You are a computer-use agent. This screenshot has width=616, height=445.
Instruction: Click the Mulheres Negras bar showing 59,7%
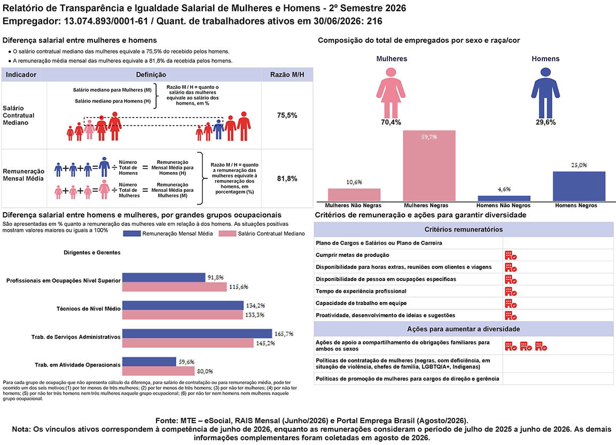429,166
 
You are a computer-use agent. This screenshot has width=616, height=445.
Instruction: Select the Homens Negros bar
579,186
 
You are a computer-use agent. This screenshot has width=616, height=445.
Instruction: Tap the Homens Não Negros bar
504,198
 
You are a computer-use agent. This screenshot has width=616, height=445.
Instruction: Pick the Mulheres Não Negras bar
354,195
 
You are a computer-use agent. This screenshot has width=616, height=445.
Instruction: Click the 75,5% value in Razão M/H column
287,115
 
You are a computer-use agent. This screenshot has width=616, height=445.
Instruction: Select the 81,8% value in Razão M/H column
287,178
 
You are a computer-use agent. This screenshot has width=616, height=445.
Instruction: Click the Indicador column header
21,75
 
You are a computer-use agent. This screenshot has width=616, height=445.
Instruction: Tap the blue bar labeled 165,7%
197,333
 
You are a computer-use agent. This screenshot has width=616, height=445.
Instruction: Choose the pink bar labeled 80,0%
158,371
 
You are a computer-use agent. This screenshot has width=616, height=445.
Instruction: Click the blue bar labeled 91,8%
164,277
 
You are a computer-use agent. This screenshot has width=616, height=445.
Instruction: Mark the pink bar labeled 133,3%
183,315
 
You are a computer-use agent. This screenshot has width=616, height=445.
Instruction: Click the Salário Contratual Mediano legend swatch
227,233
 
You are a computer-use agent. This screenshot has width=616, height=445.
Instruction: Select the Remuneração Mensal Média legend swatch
131,233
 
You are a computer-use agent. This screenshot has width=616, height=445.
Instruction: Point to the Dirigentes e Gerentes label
92,253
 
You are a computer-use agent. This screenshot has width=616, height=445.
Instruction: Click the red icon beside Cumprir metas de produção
510,256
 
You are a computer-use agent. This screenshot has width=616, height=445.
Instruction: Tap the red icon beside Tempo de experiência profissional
510,292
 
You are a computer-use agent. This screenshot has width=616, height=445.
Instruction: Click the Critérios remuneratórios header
464,229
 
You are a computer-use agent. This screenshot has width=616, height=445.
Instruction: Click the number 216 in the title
375,21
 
